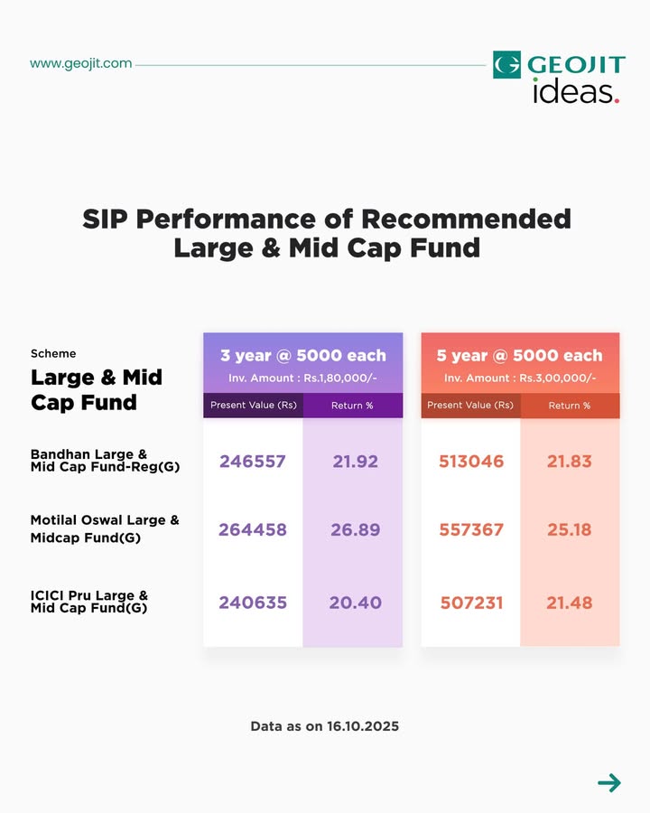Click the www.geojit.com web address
(x=80, y=63)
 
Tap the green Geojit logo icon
(x=506, y=65)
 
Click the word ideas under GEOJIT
(x=574, y=91)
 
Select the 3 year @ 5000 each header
(x=303, y=355)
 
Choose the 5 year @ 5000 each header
(x=519, y=355)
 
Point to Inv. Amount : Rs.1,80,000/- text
(x=302, y=378)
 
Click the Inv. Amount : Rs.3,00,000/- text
(x=519, y=378)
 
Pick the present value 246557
(x=252, y=462)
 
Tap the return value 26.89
(x=355, y=530)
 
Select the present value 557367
(x=471, y=530)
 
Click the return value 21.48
(x=570, y=603)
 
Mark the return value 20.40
(x=355, y=603)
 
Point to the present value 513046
(x=471, y=462)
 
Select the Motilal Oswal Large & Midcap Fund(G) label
(x=105, y=529)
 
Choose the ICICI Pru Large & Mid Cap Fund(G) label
(x=88, y=602)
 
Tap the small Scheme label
(x=53, y=353)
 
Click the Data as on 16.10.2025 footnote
(x=325, y=725)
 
